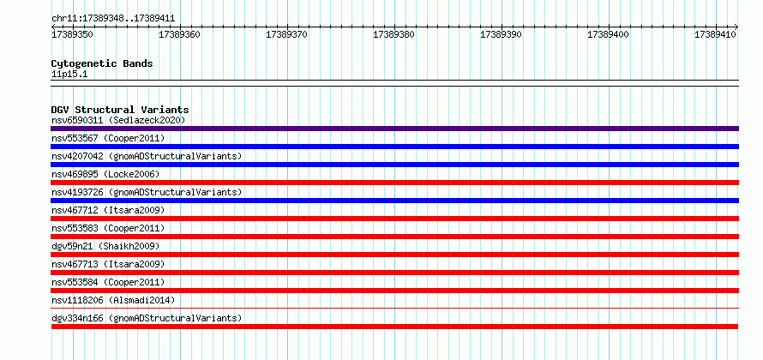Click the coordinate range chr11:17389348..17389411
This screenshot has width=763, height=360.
click(x=113, y=19)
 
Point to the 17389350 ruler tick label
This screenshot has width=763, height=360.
click(x=73, y=35)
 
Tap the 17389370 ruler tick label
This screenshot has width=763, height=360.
click(x=286, y=35)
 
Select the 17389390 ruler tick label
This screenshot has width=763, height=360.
click(x=501, y=35)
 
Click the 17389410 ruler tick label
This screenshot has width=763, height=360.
click(x=715, y=35)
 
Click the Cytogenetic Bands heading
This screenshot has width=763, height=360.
click(x=102, y=63)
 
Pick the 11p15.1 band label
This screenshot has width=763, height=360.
click(x=69, y=75)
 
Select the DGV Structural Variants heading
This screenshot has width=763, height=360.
click(x=120, y=110)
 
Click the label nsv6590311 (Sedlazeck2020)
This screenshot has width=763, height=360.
click(x=118, y=120)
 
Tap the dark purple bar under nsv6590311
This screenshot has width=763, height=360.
click(x=394, y=129)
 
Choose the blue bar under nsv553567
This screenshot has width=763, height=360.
click(x=394, y=147)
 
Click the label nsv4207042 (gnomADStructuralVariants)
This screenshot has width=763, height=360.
click(x=147, y=156)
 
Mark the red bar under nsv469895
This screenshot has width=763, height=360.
click(x=394, y=183)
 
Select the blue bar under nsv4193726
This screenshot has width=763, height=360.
click(x=394, y=201)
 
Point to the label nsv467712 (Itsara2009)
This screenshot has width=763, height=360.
click(x=108, y=210)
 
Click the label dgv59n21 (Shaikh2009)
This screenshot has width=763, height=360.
click(x=105, y=246)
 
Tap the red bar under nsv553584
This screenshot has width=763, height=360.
click(x=394, y=291)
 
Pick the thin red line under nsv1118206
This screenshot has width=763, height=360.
click(x=394, y=308)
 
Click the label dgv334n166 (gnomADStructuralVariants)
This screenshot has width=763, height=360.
click(x=147, y=318)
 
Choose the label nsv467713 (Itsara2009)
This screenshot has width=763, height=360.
click(x=108, y=264)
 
